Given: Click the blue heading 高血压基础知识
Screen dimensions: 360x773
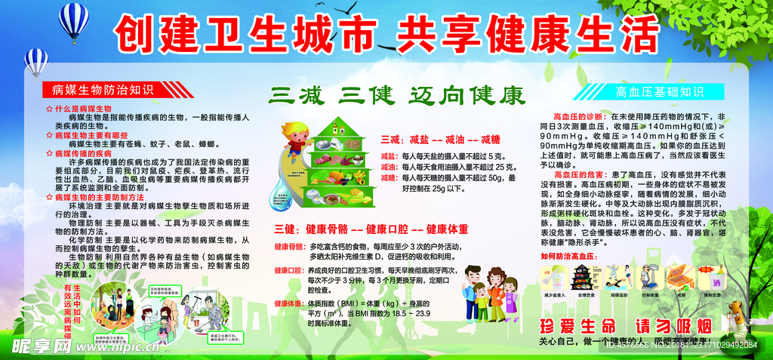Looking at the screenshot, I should [649, 92].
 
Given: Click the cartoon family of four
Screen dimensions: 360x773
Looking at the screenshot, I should [488, 291].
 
